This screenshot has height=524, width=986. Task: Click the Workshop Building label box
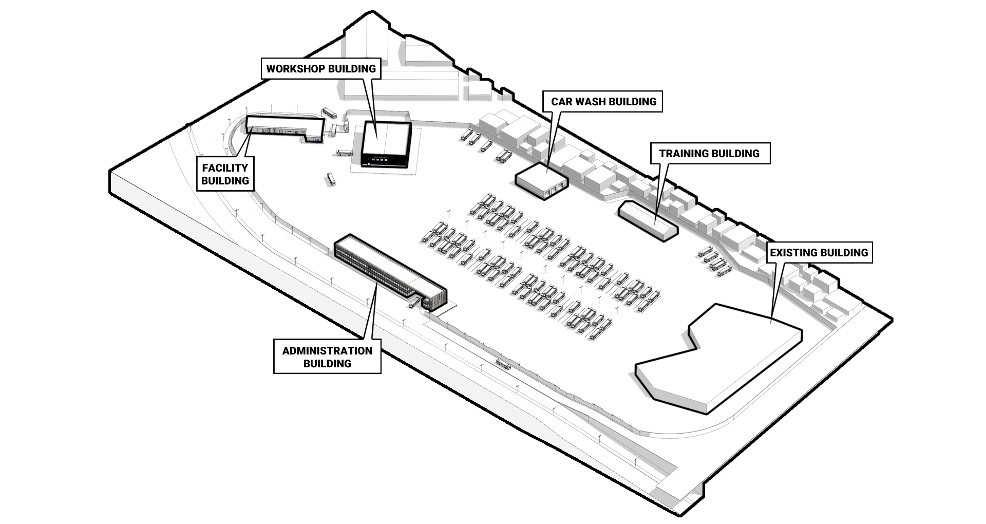pos(321,68)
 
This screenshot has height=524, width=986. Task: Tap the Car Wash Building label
pos(603,101)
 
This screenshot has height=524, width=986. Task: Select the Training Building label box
pos(709,153)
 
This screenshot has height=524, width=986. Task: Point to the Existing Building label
pos(819,252)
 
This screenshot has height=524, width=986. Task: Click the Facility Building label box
pos(225,174)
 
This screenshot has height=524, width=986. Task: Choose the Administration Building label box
pos(327,357)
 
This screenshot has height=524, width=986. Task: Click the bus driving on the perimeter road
pos(503,365)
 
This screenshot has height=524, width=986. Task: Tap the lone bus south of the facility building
pos(331,179)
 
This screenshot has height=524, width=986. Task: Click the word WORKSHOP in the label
pos(295,68)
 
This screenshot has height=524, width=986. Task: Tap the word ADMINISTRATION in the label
pos(327,350)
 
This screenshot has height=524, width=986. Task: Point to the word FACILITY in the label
pos(225,167)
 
